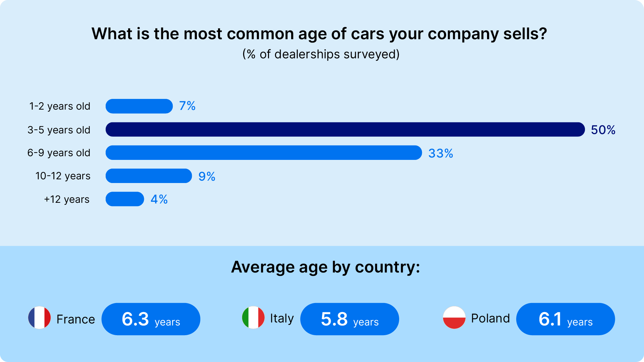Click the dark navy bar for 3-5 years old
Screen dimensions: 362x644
tap(345, 129)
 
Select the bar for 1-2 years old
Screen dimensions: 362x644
tap(139, 106)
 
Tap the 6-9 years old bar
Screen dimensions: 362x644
tap(264, 153)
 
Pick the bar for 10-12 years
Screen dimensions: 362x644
tap(149, 176)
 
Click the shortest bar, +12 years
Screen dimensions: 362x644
tap(125, 199)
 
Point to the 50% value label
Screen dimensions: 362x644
tap(603, 130)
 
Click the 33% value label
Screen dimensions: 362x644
tap(440, 153)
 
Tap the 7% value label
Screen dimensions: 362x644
tap(187, 106)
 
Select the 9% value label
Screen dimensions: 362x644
tap(207, 176)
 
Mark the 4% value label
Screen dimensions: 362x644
tap(159, 199)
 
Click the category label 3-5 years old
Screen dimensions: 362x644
tap(59, 130)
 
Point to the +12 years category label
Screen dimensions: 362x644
tap(66, 199)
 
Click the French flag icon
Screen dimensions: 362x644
tap(40, 317)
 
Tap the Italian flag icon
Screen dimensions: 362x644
tap(253, 317)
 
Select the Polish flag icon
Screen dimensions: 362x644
tap(454, 317)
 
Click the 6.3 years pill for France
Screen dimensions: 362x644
tap(151, 319)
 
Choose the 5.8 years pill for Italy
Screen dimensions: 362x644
tap(350, 319)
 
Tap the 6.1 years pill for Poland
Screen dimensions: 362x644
tap(565, 319)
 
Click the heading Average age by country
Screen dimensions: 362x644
tap(325, 267)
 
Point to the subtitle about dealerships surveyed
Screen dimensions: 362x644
tap(321, 54)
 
